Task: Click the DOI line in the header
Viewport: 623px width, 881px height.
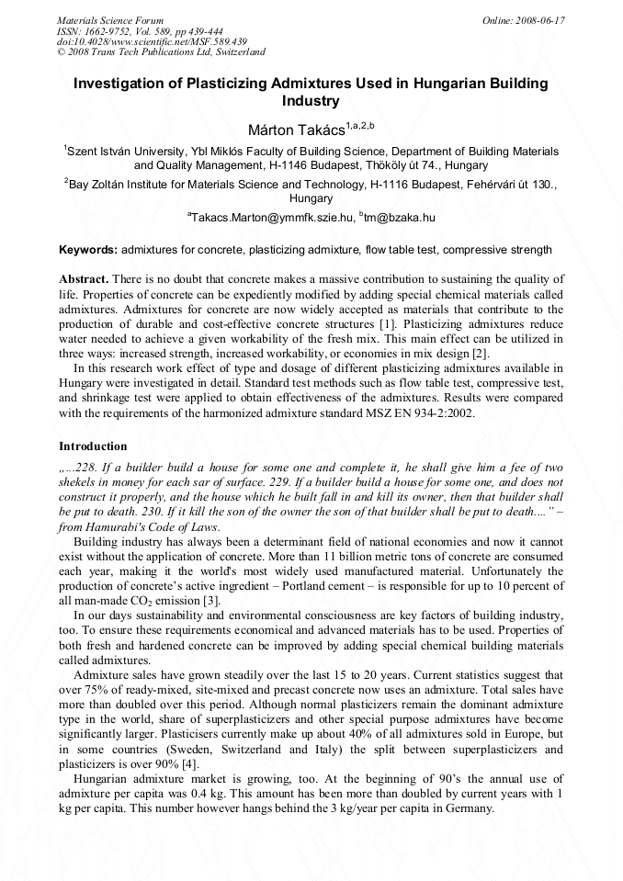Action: [152, 41]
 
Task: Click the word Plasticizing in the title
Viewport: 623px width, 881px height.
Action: [235, 84]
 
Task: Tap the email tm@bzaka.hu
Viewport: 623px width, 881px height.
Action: [400, 218]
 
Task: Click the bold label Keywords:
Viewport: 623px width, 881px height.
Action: [88, 250]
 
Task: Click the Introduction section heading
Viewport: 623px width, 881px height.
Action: [93, 446]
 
